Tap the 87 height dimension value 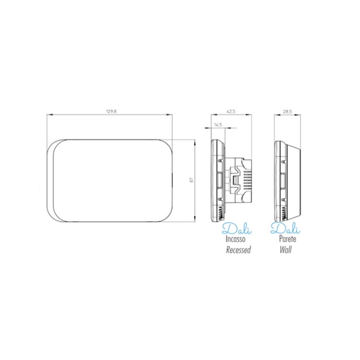click(191, 180)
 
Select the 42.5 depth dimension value click(230, 111)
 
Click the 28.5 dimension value click(287, 111)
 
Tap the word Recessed click(238, 250)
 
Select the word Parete click(287, 239)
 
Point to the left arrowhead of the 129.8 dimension click(48, 116)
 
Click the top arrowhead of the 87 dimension click(195, 140)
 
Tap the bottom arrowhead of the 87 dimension click(195, 222)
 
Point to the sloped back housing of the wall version click(294, 180)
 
